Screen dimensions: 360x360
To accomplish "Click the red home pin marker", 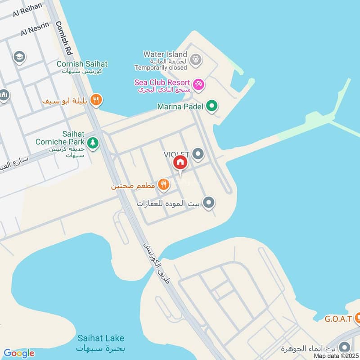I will [180, 162].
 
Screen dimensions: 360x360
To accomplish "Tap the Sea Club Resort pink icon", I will [198, 84].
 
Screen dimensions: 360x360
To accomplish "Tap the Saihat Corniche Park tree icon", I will [93, 143].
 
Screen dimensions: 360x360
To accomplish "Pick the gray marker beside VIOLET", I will [198, 155].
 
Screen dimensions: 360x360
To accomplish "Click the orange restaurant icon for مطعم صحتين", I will [164, 184].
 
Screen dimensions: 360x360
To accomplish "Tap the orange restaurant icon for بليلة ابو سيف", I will [95, 100].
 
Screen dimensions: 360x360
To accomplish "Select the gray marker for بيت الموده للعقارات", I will [208, 203].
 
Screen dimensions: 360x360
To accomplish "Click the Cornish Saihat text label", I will [82, 64].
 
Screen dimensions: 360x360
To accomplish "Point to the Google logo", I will [19, 353].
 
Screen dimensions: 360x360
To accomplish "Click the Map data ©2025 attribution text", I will [335, 356].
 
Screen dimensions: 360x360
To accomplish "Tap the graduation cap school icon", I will [19, 57].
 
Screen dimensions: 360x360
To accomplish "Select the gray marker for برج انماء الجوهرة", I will [344, 347].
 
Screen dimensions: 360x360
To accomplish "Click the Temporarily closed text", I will [160, 67].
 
